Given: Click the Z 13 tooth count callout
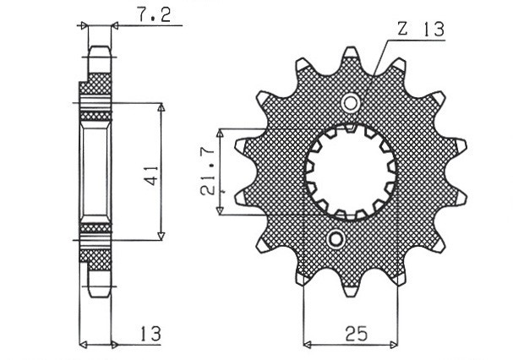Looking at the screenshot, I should [x=418, y=30].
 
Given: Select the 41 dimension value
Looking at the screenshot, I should [x=150, y=175].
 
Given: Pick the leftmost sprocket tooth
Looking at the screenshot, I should [x=239, y=148].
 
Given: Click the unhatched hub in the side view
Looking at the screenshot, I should [x=96, y=173].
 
